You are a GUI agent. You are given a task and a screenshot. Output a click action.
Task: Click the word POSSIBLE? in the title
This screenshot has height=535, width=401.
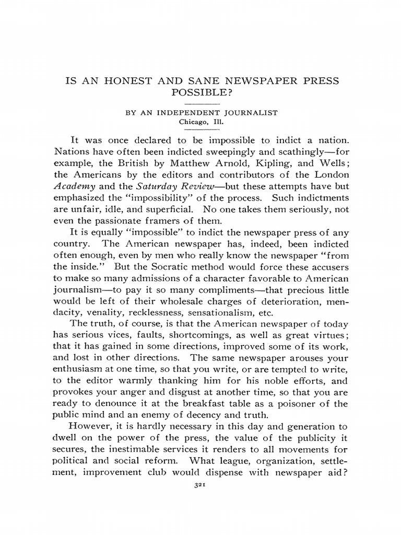tap(200, 92)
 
